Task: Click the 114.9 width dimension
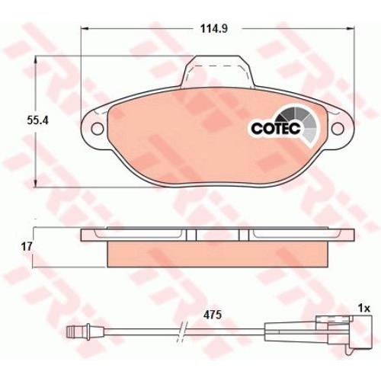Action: (213, 29)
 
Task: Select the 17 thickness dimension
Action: (27, 247)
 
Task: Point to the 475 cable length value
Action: (213, 315)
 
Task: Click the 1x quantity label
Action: (363, 309)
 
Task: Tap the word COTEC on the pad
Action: (276, 128)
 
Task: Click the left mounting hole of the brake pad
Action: (98, 128)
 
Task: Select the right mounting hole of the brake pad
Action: (338, 128)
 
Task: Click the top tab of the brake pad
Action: (218, 71)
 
